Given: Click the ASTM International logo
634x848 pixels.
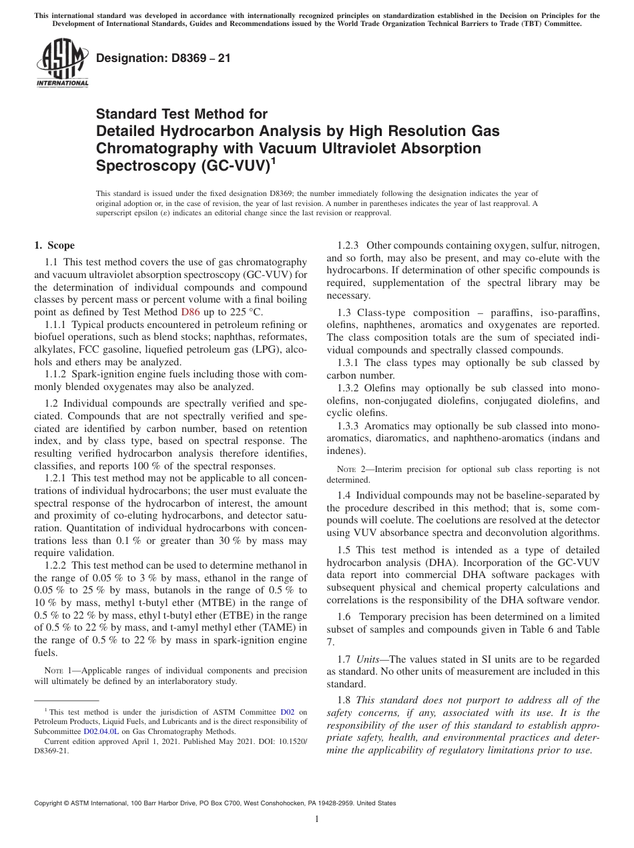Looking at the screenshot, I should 62,64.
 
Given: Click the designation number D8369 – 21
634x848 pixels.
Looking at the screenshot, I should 164,58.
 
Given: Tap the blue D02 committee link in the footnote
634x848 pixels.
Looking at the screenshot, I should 287,712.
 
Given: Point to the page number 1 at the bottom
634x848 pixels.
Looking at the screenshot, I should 317,819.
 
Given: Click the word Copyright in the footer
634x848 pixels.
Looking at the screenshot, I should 51,803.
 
